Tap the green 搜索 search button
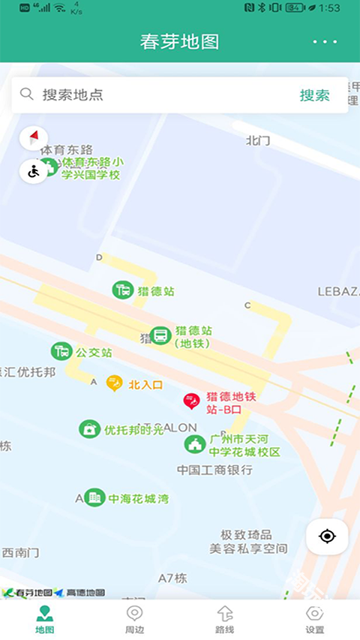(315, 95)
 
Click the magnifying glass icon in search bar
(27, 94)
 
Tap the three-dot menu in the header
(325, 42)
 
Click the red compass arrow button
(34, 138)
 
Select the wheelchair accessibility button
(34, 171)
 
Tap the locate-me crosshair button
(327, 536)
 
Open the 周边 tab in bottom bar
(135, 619)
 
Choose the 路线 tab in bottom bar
(225, 619)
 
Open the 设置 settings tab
(315, 619)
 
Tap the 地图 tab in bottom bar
(45, 619)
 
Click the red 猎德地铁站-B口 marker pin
(191, 401)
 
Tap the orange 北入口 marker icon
(114, 384)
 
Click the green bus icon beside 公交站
(61, 350)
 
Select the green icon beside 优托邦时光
(89, 429)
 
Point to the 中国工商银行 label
(215, 470)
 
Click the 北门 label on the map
(257, 140)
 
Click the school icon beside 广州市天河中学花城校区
(195, 443)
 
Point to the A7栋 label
(172, 578)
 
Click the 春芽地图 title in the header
(180, 42)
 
